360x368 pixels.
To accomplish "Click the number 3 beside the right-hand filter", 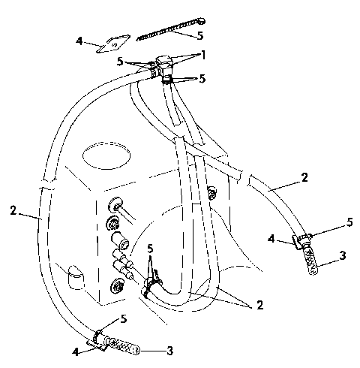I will (x=342, y=256).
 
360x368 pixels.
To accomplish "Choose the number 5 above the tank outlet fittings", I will (x=151, y=249).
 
